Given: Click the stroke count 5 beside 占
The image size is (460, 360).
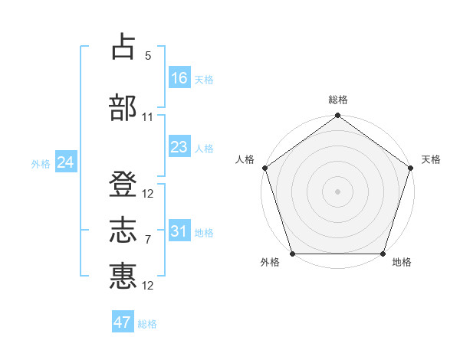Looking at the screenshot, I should coord(148,57).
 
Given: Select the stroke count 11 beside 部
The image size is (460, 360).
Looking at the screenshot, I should coord(148,117).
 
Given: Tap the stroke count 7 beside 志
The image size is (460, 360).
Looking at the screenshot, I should coord(148,240).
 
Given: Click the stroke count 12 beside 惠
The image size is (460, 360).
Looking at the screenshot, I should coord(148,286).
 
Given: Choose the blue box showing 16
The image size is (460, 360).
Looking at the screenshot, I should coord(179,78).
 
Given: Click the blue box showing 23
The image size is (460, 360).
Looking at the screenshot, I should coord(179,147).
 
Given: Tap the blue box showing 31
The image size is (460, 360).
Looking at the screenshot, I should coord(179,231).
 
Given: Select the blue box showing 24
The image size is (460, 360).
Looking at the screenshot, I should coord(66,162).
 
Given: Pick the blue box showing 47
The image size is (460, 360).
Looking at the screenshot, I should coord(123,322).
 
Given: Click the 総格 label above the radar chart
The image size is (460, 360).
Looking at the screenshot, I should coord(338,100).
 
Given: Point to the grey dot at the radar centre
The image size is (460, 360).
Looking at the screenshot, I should coord(338,191).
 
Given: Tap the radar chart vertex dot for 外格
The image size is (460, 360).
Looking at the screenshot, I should coord(292,254).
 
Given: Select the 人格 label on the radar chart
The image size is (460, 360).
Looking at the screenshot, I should coord(245,159).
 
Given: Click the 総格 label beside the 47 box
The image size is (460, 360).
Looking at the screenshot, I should coord(147,324).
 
